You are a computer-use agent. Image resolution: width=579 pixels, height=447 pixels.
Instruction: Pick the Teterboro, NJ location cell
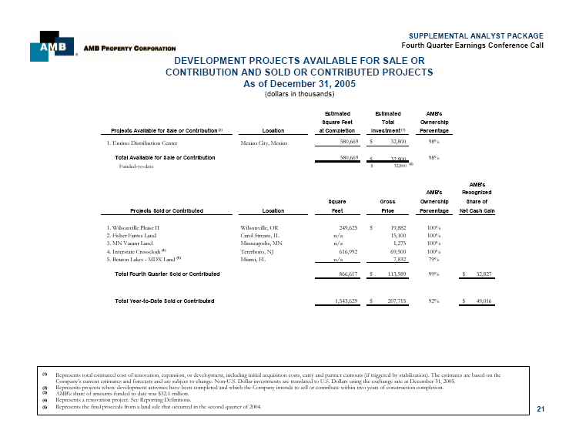pos(257,252)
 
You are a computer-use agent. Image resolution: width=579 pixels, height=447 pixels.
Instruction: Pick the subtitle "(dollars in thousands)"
pos(300,94)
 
